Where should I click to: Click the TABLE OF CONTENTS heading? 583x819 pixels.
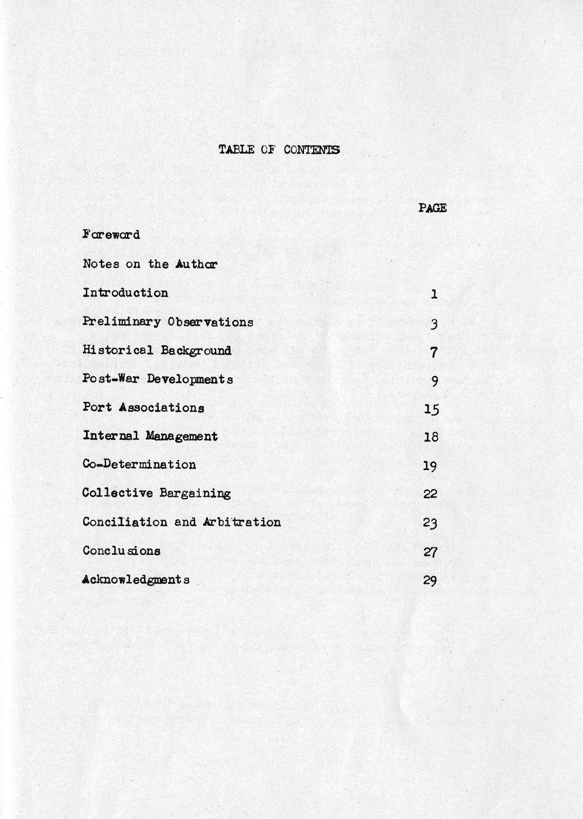279,150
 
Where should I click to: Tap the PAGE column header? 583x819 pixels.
432,208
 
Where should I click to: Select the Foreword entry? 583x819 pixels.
111,234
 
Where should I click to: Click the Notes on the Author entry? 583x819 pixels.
150,264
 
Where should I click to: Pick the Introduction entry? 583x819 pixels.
125,293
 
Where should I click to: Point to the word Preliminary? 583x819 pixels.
121,322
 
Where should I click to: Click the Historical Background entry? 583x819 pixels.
157,350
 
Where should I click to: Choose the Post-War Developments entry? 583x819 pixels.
157,379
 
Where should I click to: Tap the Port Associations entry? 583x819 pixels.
143,407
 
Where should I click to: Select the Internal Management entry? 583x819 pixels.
150,436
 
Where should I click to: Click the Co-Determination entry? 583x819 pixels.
139,464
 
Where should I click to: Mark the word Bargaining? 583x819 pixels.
194,493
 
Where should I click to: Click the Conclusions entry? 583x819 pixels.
121,550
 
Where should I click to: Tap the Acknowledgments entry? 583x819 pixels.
136,579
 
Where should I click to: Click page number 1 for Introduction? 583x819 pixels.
434,293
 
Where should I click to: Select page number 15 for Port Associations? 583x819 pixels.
432,408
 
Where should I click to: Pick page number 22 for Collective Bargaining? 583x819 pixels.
430,494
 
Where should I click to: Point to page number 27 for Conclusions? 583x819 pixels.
431,551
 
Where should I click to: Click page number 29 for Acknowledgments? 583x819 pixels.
430,580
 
